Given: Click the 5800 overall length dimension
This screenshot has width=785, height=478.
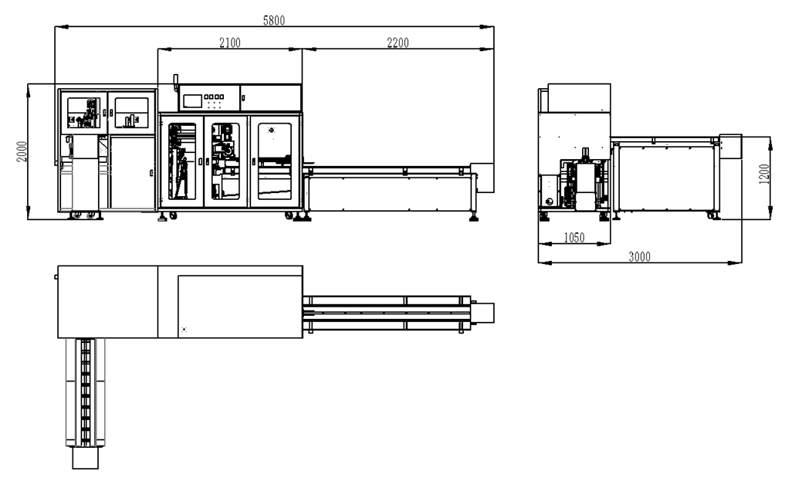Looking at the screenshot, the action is pos(274,20).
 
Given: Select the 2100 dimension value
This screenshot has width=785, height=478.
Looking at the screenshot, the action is pos(230,43).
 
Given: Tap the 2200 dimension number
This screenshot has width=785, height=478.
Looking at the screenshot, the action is pos(398,43).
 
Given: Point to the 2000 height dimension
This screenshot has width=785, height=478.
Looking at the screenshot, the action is pos(22,151).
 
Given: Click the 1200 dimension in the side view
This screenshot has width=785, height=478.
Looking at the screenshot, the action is pos(764,174).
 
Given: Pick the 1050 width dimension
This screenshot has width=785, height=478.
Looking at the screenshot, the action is pos(574,237).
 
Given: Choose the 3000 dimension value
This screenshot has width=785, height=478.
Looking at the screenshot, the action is pos(639,257).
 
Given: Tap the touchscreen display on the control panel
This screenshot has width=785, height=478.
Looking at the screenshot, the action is pos(192,100).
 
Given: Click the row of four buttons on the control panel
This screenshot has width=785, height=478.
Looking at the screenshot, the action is pos(213,97).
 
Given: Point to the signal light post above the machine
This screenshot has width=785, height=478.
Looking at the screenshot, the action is pos(176,83).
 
